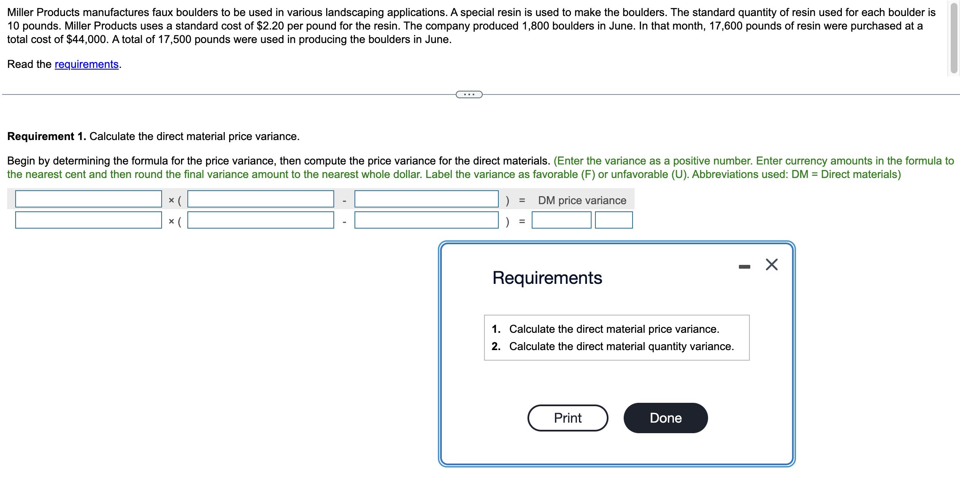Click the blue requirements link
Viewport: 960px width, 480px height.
pyautogui.click(x=87, y=64)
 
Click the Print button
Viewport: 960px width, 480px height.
pyautogui.click(x=567, y=418)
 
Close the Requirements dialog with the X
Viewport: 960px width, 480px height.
pyautogui.click(x=771, y=264)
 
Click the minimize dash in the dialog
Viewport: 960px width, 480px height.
pyautogui.click(x=744, y=267)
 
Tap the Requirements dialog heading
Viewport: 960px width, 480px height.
pyautogui.click(x=547, y=278)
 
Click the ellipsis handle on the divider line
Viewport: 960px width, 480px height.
pyautogui.click(x=469, y=94)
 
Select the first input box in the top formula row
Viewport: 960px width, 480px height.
pyautogui.click(x=89, y=199)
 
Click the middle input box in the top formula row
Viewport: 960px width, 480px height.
pyautogui.click(x=260, y=199)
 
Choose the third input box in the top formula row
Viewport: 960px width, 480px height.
pyautogui.click(x=426, y=199)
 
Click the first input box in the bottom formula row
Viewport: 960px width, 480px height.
pyautogui.click(x=89, y=220)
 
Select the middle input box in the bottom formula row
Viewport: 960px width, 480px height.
pyautogui.click(x=260, y=220)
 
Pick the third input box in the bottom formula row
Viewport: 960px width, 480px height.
pyautogui.click(x=426, y=220)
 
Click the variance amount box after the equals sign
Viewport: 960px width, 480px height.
pyautogui.click(x=561, y=220)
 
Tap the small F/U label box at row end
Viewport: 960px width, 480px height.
pyautogui.click(x=614, y=220)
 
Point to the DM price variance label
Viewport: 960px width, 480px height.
pyautogui.click(x=582, y=200)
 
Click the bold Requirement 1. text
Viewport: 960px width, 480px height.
pyautogui.click(x=46, y=136)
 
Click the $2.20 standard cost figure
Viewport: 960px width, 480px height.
pyautogui.click(x=270, y=26)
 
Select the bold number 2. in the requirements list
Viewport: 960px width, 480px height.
pyautogui.click(x=496, y=346)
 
